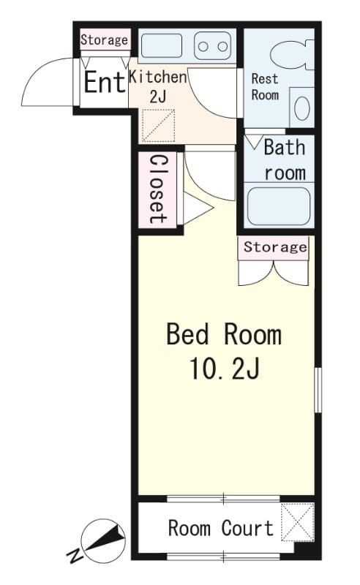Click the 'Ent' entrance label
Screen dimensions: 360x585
point(104,82)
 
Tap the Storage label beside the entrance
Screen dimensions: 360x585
point(105,40)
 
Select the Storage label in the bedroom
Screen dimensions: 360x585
point(276,246)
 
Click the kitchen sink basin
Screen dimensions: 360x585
point(162,46)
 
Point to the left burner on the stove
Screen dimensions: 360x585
point(203,47)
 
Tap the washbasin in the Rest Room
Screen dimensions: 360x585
point(301,107)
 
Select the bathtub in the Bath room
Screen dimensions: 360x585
point(279,206)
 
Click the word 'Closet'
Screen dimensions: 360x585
point(158,189)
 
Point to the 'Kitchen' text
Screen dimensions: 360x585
point(157,77)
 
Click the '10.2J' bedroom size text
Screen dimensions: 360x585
point(225,369)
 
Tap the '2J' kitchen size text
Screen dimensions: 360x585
point(157,97)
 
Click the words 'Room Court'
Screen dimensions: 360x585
point(221,528)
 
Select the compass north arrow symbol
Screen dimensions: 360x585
point(103,536)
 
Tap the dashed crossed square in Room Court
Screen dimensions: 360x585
point(298,522)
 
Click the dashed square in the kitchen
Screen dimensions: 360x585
point(159,126)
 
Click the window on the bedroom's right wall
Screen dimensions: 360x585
point(318,390)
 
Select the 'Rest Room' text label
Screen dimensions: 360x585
point(265,86)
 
